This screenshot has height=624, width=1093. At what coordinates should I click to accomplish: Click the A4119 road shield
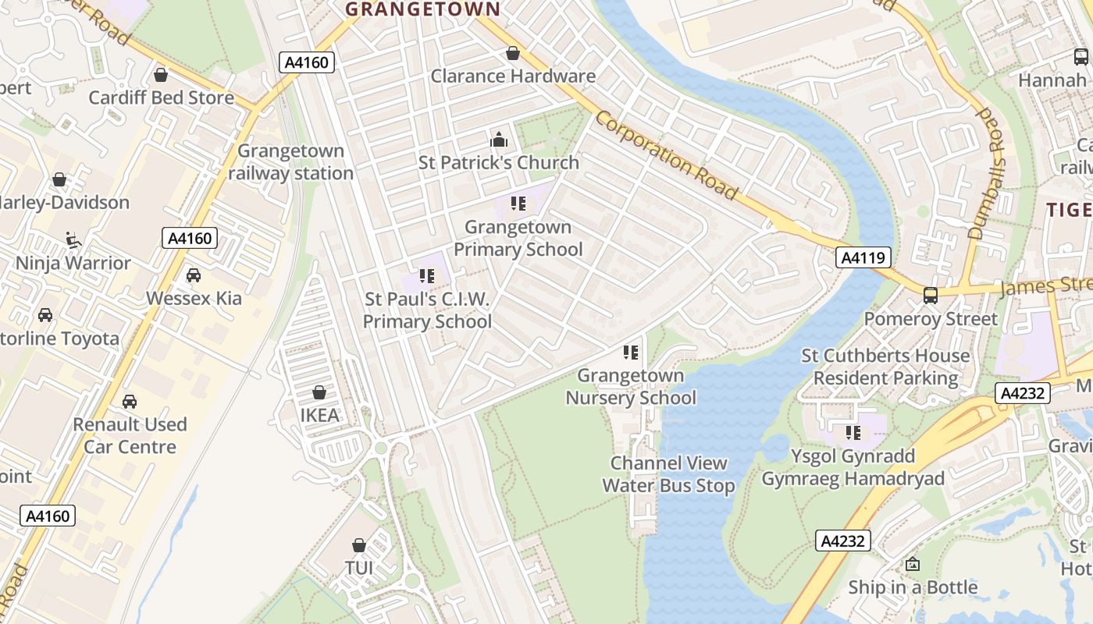863,257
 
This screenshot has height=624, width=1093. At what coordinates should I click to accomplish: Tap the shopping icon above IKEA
319,392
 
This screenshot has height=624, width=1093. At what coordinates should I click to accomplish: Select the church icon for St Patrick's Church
498,140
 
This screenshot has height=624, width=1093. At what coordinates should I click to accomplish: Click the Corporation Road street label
667,155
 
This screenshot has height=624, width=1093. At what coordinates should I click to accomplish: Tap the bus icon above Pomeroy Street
930,296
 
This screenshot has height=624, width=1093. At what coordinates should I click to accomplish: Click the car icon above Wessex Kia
194,275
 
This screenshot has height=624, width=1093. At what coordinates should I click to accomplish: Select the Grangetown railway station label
291,162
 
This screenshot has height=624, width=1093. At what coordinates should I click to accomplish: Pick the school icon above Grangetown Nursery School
631,353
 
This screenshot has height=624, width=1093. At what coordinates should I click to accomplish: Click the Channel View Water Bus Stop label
669,474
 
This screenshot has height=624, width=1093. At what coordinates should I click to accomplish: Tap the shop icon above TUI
359,544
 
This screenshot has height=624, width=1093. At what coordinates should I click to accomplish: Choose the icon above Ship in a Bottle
912,564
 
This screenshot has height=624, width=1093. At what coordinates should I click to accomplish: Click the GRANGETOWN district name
422,9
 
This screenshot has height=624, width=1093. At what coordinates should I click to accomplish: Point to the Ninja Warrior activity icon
73,240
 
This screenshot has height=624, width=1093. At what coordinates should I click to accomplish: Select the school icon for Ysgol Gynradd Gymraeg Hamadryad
853,432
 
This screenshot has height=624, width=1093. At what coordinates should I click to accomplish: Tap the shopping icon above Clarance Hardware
513,53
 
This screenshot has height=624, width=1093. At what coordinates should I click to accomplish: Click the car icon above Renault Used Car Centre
130,402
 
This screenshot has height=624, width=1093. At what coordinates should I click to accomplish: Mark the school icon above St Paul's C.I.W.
426,276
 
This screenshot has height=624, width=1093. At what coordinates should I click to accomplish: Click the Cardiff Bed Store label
161,97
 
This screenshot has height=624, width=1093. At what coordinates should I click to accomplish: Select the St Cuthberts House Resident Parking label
885,367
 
